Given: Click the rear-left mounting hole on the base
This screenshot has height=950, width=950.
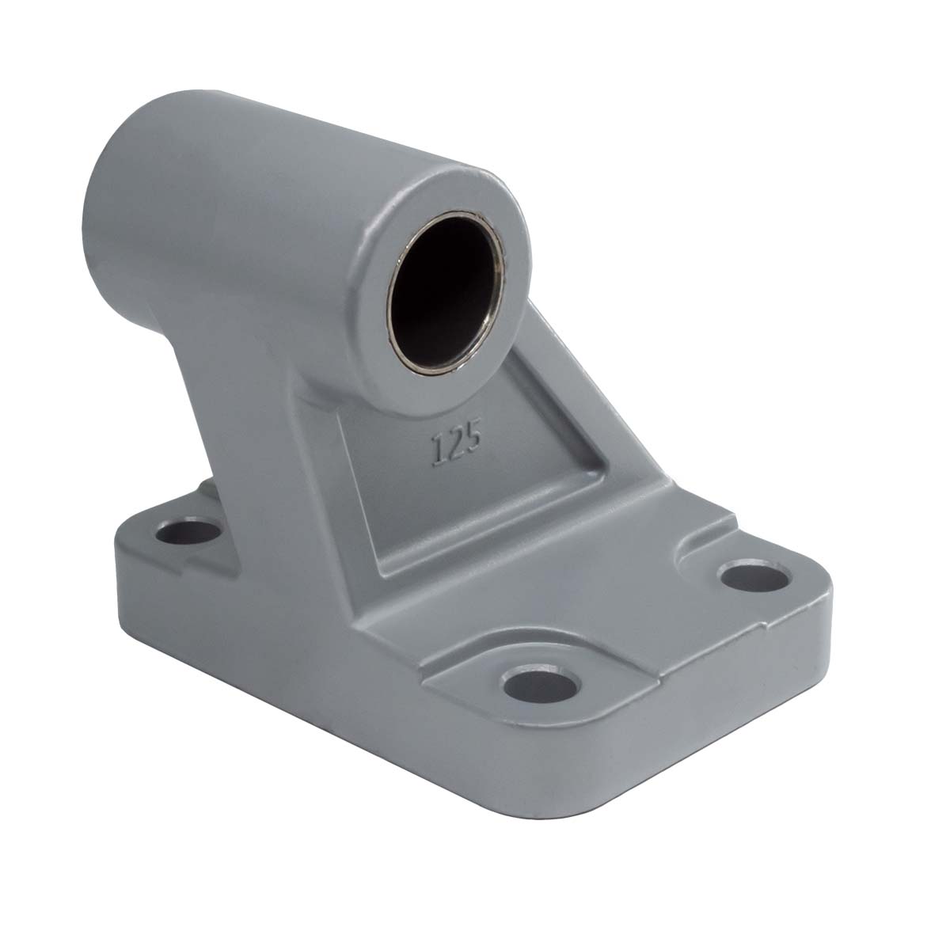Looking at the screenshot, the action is point(190,533).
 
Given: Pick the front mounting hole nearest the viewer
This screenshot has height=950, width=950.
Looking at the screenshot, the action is point(541,684).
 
